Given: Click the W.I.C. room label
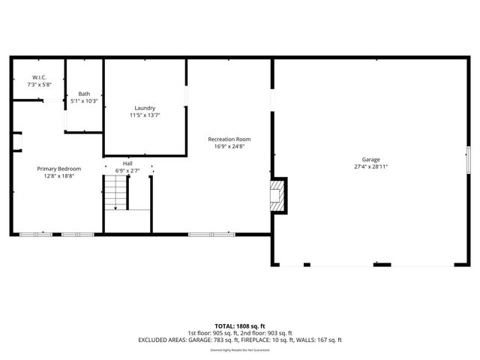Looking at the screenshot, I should click(40, 77).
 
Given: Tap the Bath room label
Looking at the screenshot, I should click(84, 94).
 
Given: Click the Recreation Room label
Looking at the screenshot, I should click(229, 139).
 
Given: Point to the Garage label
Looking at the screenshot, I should click(371, 160).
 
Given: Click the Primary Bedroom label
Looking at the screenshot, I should click(59, 169).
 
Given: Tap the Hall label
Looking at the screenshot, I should click(127, 163).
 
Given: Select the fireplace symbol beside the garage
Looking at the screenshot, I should click(278, 194).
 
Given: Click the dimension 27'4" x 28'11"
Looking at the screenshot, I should click(371, 167).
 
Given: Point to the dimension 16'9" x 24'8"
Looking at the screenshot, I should click(229, 147).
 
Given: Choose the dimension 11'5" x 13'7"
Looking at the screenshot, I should click(145, 115).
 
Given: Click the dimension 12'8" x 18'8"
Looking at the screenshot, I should click(59, 176).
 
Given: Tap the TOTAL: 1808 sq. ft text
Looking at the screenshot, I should click(240, 326).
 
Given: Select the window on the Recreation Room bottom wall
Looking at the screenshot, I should click(211, 235).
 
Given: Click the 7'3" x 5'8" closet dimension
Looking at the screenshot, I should click(40, 85).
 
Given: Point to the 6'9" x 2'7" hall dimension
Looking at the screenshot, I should click(127, 170).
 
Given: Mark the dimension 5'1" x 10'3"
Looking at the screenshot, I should click(84, 100).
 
